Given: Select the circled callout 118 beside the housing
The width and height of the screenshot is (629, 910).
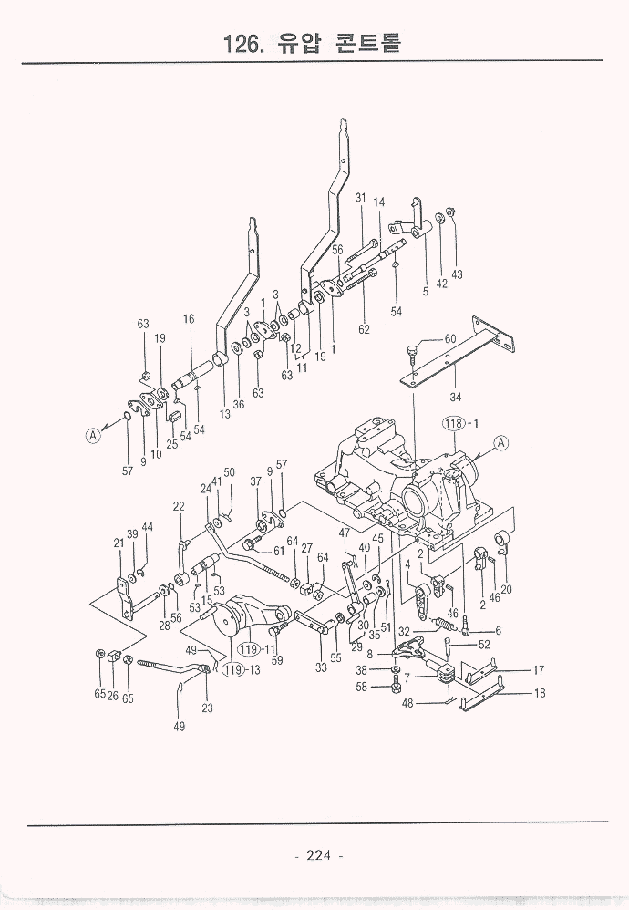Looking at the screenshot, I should point(454,423).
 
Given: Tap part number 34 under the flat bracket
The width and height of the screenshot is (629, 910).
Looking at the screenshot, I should point(456,398).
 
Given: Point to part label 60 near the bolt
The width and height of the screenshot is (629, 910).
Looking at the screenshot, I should point(449,338).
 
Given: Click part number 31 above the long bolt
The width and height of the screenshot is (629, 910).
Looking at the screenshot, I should point(360,199).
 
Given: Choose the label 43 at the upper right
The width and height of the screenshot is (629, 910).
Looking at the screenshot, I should point(457,275).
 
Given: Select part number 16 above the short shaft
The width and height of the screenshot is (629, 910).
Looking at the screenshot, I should point(189,319).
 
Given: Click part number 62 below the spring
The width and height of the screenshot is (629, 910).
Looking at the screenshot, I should point(364,329).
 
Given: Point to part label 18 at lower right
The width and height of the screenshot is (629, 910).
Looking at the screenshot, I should point(540,694).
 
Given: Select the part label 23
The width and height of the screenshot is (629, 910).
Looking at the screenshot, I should point(207,708).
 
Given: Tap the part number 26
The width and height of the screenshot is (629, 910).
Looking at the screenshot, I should point(113,697).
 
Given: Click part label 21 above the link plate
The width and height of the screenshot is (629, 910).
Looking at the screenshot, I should point(119,543).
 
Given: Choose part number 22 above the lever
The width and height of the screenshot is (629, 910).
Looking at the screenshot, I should point(179,506).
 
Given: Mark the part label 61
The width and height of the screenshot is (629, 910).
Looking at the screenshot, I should point(279,551).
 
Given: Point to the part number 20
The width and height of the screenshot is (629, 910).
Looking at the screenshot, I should point(506,589).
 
